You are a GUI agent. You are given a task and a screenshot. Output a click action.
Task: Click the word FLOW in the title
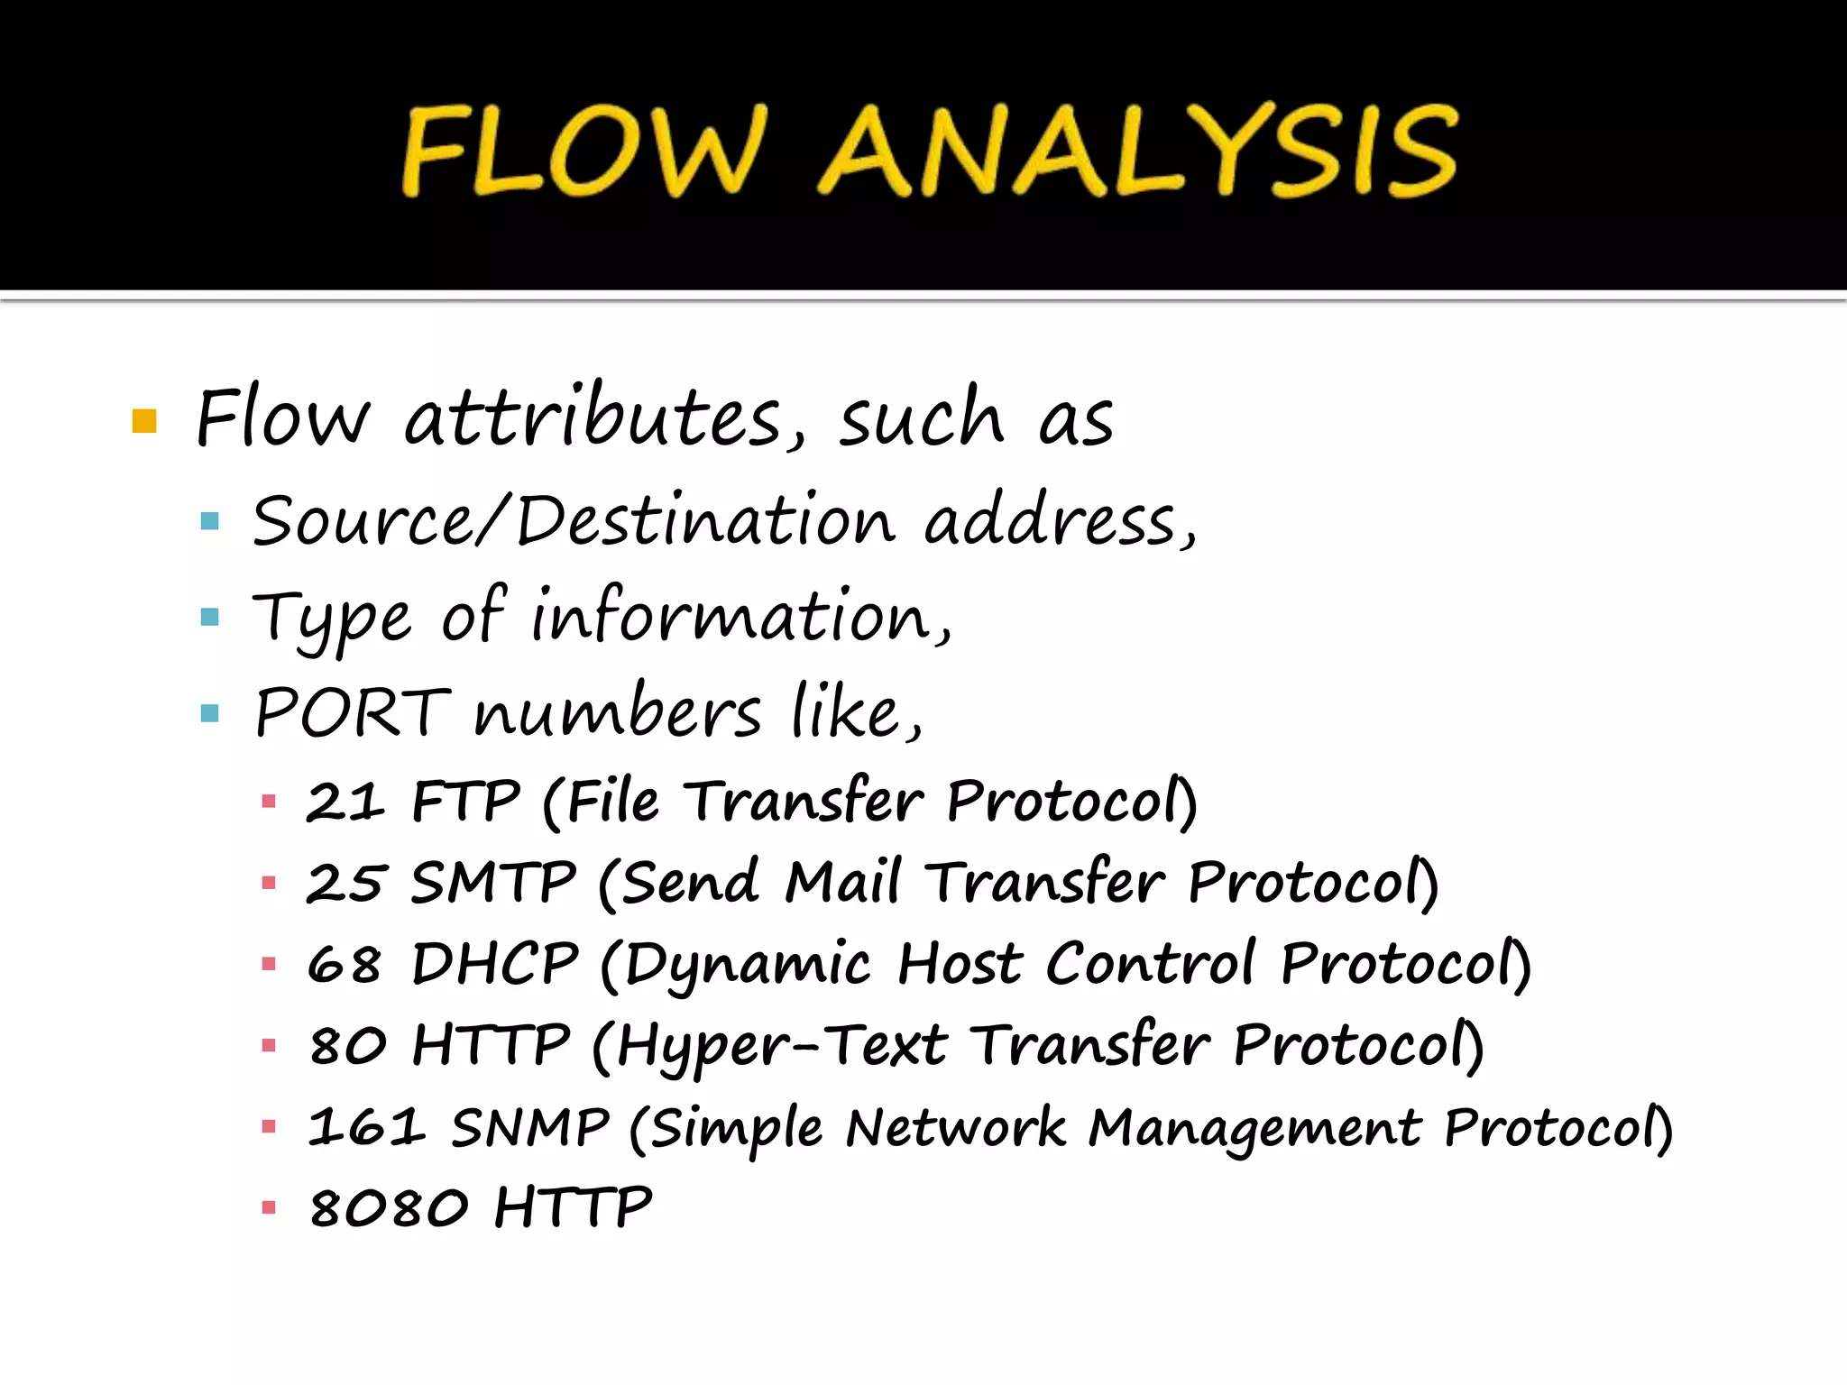(584, 151)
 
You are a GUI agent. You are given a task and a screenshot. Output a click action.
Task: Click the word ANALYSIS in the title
(1138, 151)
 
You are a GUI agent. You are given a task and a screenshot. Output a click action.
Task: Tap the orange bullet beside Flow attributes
(144, 421)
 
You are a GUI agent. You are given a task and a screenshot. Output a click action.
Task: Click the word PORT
(352, 712)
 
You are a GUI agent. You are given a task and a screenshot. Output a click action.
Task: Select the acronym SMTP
(493, 882)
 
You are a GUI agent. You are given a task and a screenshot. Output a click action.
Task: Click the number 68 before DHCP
(344, 964)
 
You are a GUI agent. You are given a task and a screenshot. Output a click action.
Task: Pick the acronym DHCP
(495, 964)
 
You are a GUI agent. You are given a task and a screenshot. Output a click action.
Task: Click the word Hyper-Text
(781, 1046)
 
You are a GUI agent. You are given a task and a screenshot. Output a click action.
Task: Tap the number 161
(364, 1127)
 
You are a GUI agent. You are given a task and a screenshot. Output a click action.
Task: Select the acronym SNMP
(530, 1127)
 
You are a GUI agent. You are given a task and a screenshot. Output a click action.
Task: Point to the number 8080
(389, 1208)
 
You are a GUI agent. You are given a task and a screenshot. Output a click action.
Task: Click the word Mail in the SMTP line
(842, 882)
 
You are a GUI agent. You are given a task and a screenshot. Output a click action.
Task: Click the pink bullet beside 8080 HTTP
(268, 1208)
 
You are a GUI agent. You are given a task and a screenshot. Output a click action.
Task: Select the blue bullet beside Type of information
(210, 617)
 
